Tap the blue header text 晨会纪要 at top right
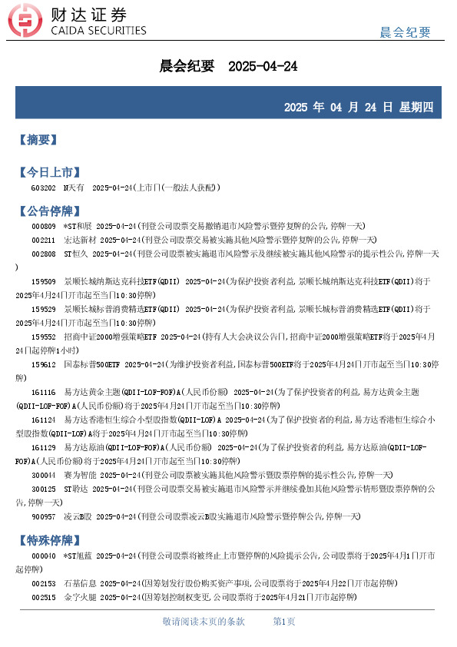tap(406, 32)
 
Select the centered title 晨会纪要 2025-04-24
tap(228, 67)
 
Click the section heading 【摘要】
tap(37, 140)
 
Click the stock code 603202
tap(43, 187)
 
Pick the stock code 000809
tap(43, 226)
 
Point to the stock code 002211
tap(43, 240)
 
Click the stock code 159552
tap(43, 337)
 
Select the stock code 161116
tap(43, 392)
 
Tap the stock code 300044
tap(43, 475)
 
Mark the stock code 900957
tap(43, 516)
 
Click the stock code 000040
tap(43, 555)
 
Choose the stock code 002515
tap(43, 596)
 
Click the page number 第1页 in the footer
tap(284, 621)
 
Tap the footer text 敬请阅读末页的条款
tap(204, 621)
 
